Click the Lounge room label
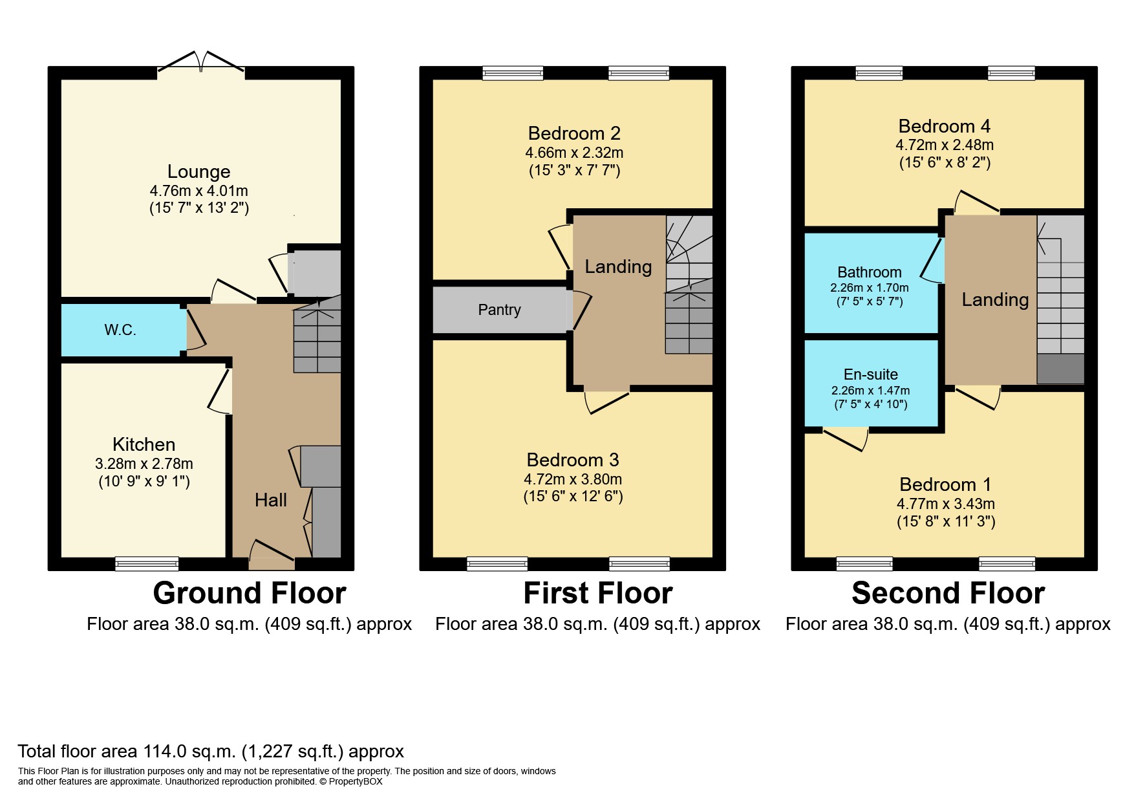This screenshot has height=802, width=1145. point(198,171)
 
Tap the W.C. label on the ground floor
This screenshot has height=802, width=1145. point(120,330)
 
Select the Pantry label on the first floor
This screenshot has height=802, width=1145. point(499,310)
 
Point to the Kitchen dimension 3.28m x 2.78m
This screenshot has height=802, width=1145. point(144,464)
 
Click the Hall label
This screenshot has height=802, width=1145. point(270,499)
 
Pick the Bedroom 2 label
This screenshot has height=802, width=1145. point(574,133)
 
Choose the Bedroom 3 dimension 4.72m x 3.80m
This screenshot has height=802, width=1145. point(573,479)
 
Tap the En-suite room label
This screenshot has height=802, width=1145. point(870,374)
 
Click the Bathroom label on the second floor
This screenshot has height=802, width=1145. point(869,272)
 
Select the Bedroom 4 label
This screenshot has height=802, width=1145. point(944,126)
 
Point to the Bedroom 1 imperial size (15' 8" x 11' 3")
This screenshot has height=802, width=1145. point(945,521)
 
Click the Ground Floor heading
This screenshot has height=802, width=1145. point(250,593)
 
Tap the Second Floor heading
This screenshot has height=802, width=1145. point(948,593)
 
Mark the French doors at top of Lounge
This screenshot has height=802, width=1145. point(201,63)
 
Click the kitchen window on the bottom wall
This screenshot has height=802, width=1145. point(147,564)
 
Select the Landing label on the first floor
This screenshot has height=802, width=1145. point(618,266)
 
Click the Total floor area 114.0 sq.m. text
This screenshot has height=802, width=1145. point(211,752)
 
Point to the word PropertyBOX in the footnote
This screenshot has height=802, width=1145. point(356,781)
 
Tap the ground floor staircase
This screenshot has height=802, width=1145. point(317,336)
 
